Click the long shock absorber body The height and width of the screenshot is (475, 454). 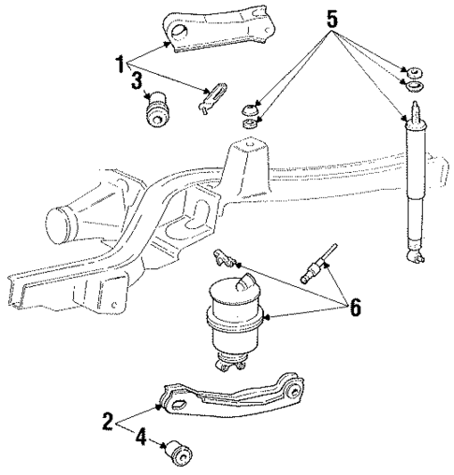pos(415,187)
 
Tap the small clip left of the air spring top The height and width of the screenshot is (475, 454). pos(224,256)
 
